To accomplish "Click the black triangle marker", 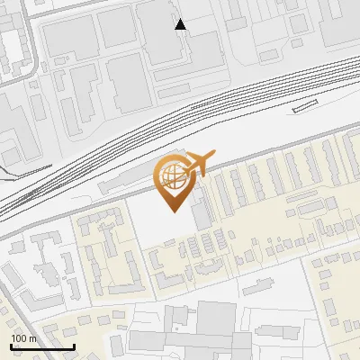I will click(x=181, y=24).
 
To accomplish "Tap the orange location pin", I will click(x=177, y=181).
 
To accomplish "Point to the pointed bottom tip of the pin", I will click(x=172, y=211).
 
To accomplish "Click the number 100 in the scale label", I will click(x=17, y=338).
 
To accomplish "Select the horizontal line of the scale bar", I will click(x=41, y=346).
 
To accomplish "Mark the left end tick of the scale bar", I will click(x=10, y=345).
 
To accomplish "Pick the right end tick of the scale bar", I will click(x=73, y=345).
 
